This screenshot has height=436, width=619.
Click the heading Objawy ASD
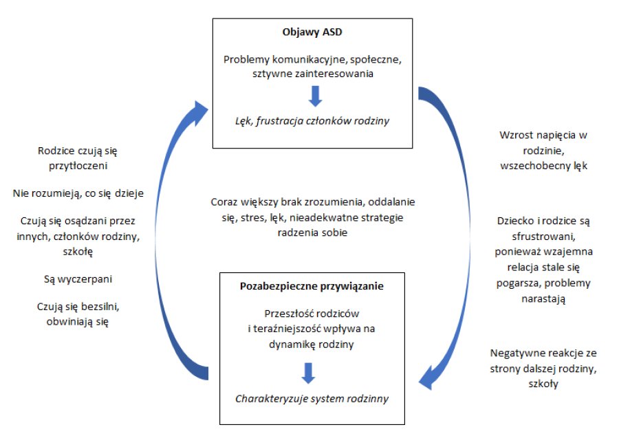[312, 32]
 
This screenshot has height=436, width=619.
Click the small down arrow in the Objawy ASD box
[315, 96]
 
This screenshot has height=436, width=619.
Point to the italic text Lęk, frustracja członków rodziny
[312, 121]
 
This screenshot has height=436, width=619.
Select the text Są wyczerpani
[77, 280]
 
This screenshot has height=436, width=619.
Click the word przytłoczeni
[78, 165]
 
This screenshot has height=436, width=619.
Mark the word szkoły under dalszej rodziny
[544, 384]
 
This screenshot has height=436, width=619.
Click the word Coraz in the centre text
[224, 203]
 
